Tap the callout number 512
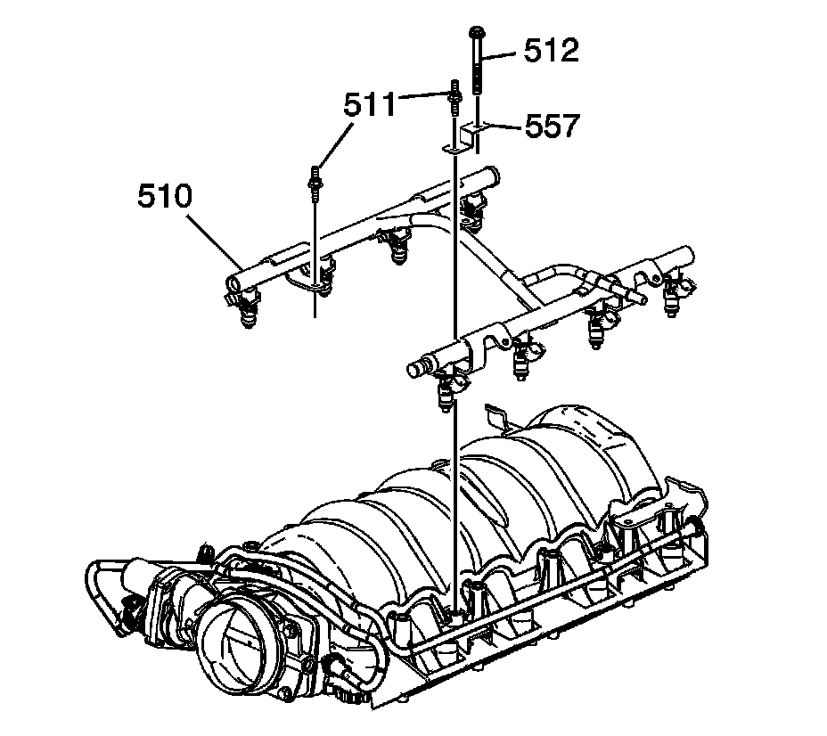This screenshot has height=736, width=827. [x=552, y=50]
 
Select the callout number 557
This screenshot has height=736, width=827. [x=552, y=126]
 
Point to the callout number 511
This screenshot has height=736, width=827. [x=371, y=106]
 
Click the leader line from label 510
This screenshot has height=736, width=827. [x=215, y=233]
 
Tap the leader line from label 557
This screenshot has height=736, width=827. [x=504, y=127]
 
